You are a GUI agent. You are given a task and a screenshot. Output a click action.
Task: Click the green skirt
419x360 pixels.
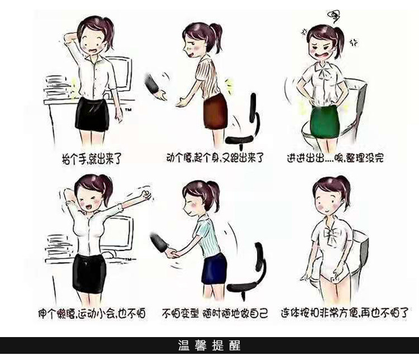click(325, 122)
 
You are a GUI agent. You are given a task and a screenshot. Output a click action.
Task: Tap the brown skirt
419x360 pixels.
click(215, 111)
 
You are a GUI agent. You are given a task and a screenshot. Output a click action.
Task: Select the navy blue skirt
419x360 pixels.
click(214, 269)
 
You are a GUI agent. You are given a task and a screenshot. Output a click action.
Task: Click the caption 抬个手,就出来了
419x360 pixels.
click(92, 159)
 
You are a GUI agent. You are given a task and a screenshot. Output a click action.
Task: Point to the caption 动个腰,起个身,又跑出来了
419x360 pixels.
click(215, 158)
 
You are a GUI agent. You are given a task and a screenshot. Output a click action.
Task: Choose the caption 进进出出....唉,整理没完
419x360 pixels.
click(335, 158)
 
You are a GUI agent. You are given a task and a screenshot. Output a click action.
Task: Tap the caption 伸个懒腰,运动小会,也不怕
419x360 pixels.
click(92, 313)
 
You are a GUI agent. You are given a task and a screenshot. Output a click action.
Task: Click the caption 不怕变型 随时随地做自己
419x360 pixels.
click(215, 313)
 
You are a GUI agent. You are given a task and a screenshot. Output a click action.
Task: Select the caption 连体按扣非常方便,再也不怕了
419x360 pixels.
click(345, 312)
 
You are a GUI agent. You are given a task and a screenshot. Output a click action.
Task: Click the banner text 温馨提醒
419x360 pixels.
click(209, 345)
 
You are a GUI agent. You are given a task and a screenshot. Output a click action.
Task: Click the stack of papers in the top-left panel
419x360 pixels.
click(56, 87)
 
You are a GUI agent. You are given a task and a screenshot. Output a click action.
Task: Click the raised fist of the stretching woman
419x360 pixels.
click(146, 195)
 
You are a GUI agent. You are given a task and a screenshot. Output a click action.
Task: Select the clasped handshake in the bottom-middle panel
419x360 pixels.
click(171, 253)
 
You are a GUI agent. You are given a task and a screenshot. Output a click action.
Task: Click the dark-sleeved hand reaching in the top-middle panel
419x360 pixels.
click(155, 89)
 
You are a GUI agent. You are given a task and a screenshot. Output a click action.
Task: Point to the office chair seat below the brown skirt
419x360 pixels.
click(239, 139)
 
